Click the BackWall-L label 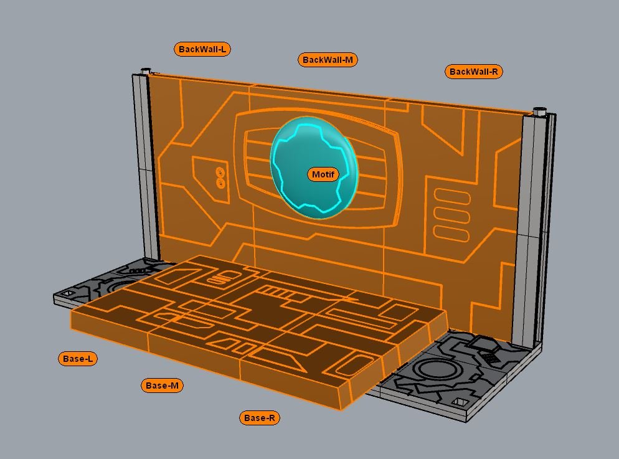(x=202, y=49)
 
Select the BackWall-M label (x=328, y=60)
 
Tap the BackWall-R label (x=473, y=72)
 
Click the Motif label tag (x=323, y=174)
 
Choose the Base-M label (x=162, y=386)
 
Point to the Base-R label (x=259, y=418)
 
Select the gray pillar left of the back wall (x=142, y=168)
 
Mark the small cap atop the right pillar (x=539, y=111)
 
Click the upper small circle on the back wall (x=220, y=172)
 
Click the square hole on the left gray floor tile (x=68, y=293)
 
